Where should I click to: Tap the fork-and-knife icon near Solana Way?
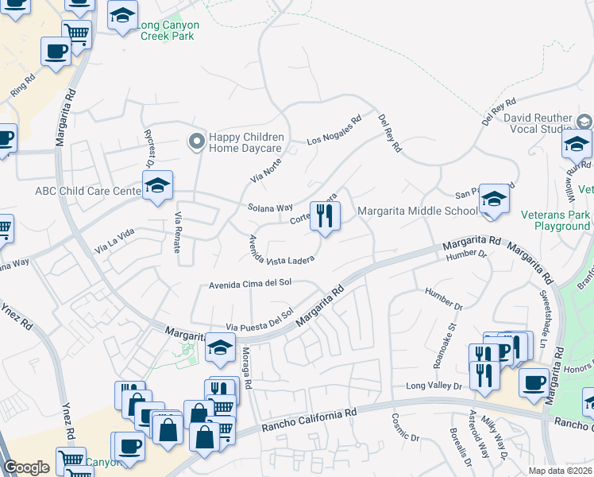[325, 216]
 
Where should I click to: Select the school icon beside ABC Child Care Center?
[157, 188]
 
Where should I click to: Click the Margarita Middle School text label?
[418, 211]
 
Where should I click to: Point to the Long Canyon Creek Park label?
[168, 30]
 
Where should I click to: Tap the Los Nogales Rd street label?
[334, 132]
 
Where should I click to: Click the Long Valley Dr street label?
[434, 386]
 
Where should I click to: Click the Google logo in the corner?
[26, 467]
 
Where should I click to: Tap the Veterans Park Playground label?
[556, 220]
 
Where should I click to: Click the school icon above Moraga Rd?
[220, 347]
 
